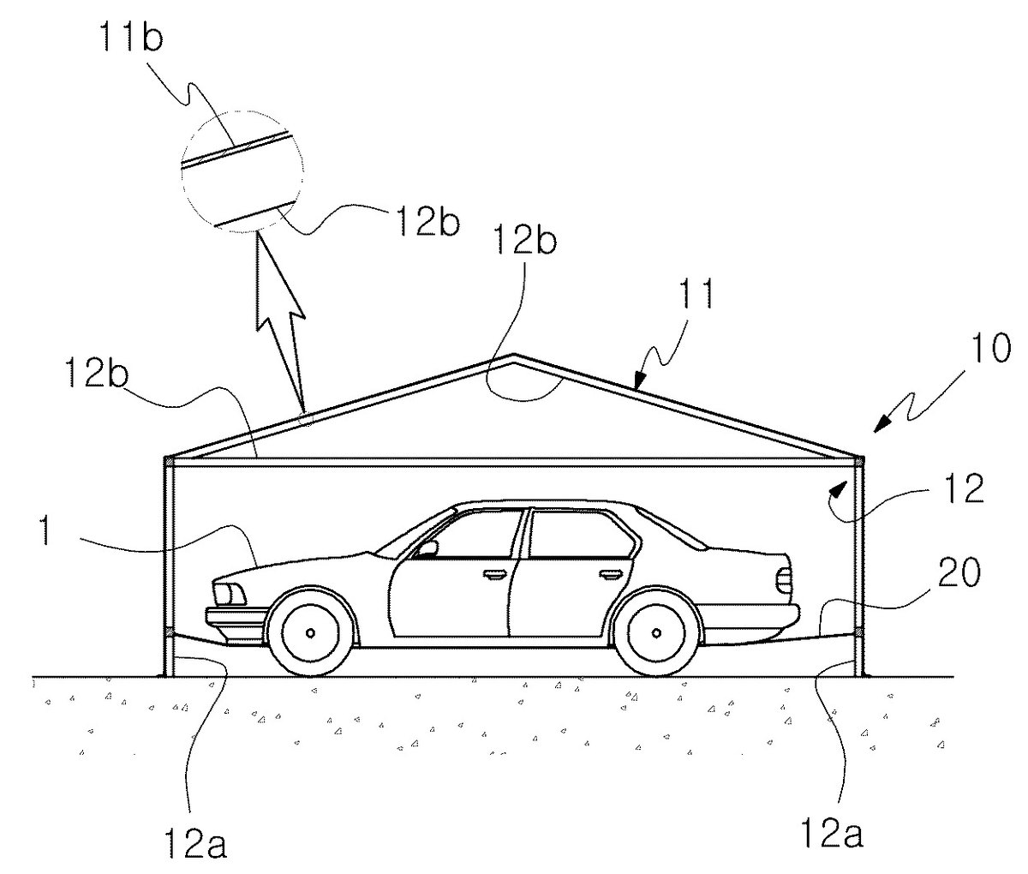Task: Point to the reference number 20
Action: click(x=959, y=572)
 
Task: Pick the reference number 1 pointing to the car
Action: click(x=45, y=530)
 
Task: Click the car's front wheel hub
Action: click(x=311, y=632)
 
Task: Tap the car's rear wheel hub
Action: click(x=657, y=632)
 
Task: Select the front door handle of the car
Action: click(x=492, y=576)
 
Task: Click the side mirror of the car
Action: click(x=427, y=548)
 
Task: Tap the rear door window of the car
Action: click(x=581, y=534)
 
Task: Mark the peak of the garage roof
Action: click(x=513, y=355)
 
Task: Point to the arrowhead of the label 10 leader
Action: click(x=882, y=424)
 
